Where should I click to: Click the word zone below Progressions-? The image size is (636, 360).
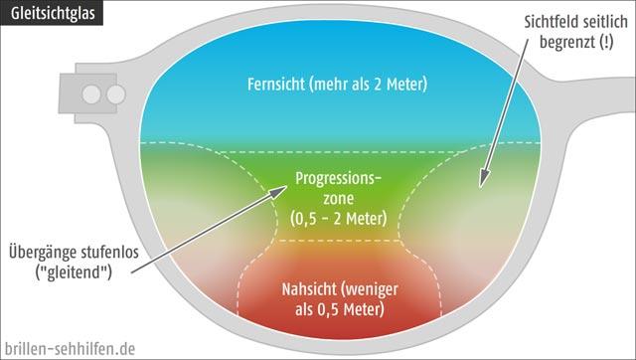click(334, 197)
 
